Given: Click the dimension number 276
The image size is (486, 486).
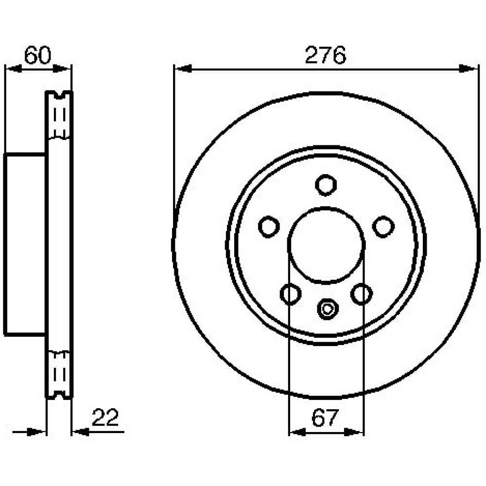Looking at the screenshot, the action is tap(325, 55).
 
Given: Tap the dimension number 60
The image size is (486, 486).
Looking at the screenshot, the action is tap(37, 55).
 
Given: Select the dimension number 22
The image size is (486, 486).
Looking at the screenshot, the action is tap(105, 417).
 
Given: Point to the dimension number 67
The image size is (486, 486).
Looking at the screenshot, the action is tap(325, 417).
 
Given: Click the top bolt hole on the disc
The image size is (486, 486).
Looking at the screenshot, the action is tap(326, 185).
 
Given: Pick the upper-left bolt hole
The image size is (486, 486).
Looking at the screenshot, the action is tap(269, 226).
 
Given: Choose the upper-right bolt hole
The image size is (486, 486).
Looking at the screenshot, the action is tap(383, 226).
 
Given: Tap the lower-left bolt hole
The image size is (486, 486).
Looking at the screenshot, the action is tap(291, 294).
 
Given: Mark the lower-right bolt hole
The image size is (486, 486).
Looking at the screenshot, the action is tap(362, 294).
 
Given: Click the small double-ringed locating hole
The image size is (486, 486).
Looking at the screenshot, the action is tap(327, 309).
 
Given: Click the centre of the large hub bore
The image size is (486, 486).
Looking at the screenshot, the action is tap(326, 245).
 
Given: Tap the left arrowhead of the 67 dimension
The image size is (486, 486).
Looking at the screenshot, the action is tap(297, 432).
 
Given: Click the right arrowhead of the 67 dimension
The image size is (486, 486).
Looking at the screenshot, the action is tap(354, 432).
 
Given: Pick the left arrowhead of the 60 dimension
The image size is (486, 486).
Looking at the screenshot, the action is tap(14, 69).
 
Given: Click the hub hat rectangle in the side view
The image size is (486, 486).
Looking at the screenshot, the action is tap(25, 245).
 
